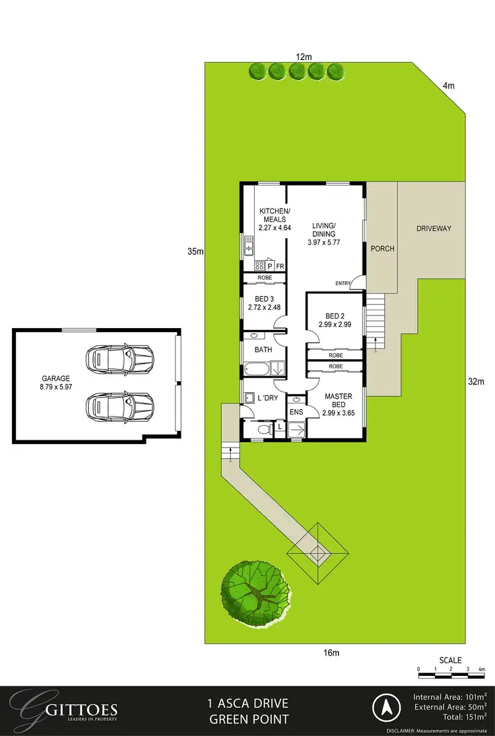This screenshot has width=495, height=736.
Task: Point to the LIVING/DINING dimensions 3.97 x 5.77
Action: [x=323, y=242]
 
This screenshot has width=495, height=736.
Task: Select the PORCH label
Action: [x=382, y=249]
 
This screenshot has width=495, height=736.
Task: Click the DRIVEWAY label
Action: [x=434, y=228]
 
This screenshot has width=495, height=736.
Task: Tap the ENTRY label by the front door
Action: [x=343, y=283]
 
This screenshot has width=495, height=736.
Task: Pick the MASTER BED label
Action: [x=338, y=400]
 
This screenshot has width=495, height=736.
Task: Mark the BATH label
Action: [x=255, y=350]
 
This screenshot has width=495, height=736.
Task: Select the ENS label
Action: [x=296, y=413]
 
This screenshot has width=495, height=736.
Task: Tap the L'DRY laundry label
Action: [x=267, y=398]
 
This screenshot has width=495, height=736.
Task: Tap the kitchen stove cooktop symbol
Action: [x=259, y=265]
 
